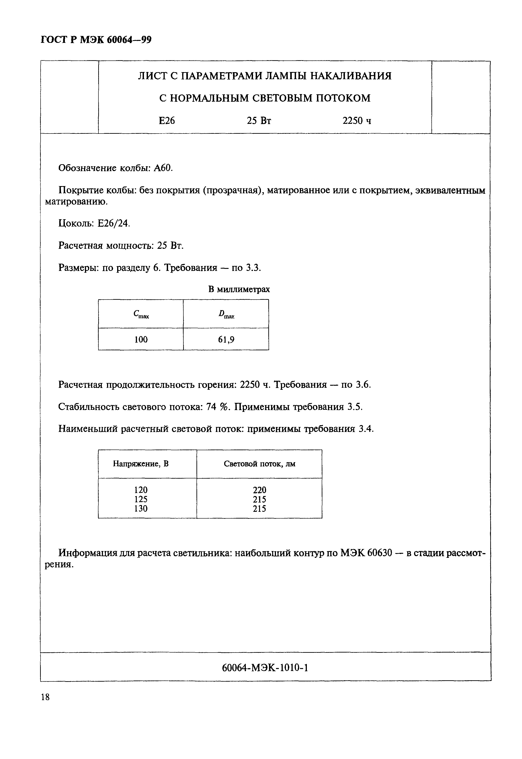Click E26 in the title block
pos(167,121)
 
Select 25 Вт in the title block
pos(259,121)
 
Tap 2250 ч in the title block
pos(356,121)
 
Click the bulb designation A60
pos(163,168)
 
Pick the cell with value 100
pos(141,339)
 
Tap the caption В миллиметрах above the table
pos(239,289)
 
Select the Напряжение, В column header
pos(141,464)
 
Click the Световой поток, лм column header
pos(259,464)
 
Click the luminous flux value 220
pos(259,490)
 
